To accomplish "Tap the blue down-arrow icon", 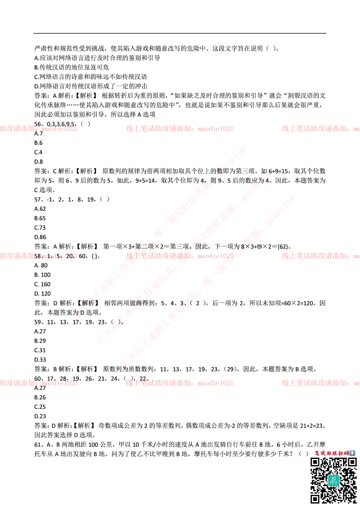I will click(352, 453).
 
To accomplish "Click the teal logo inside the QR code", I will click(333, 481).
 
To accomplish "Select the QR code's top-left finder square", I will click(315, 462).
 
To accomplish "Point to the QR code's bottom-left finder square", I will click(315, 499).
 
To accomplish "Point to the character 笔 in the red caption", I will click(317, 453).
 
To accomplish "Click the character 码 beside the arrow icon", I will click(346, 453).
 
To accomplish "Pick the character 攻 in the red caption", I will click(334, 453).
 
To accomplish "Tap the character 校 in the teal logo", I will click(333, 478).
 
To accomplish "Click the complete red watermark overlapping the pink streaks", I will click(179, 256).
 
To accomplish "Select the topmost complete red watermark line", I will click(179, 129).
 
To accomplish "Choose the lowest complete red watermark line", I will click(179, 383).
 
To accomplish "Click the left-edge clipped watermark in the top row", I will click(39, 129).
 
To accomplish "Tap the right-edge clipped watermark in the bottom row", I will click(320, 383).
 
